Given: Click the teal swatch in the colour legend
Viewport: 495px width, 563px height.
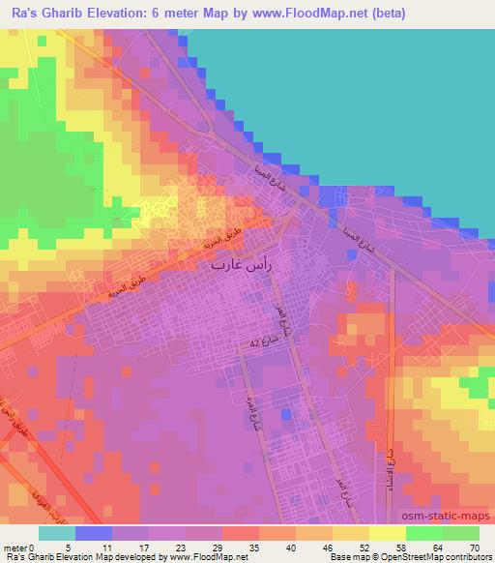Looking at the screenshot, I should (57, 533).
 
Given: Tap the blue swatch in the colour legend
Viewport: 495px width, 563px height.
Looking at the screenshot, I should (94, 533).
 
